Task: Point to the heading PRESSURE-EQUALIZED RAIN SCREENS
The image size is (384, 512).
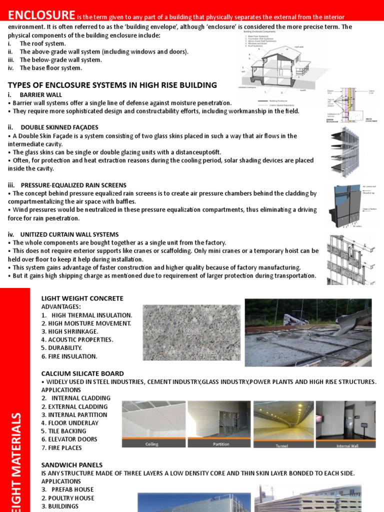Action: pos(73,185)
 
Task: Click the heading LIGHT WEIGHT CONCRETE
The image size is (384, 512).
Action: pos(82,298)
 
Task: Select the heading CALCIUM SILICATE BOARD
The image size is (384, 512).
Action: pos(82,373)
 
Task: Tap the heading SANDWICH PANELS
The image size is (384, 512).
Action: pos(71,464)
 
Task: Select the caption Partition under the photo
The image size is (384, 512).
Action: pos(221,444)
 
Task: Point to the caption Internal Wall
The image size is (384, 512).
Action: pos(347,445)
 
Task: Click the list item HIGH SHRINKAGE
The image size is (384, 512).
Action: pos(69,331)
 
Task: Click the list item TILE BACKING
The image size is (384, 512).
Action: pos(63,431)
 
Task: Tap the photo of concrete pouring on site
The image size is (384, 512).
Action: pos(308,332)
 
